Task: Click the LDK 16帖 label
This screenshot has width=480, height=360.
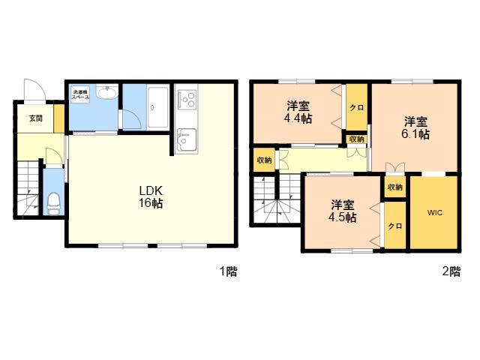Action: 151,196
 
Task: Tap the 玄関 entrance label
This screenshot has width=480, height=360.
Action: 36,118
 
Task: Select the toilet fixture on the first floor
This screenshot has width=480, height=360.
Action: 53,203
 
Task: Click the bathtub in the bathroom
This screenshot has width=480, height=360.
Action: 158,107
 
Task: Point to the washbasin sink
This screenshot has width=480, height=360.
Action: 107,91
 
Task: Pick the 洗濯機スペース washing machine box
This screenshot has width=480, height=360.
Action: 80,94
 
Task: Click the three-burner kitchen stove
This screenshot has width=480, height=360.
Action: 187,98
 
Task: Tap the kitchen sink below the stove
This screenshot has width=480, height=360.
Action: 187,140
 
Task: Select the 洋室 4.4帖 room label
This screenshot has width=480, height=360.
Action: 298,112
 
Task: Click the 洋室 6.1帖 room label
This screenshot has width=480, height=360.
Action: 415,127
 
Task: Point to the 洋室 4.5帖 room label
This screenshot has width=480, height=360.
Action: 342,211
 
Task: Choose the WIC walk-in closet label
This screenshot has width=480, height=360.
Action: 435,212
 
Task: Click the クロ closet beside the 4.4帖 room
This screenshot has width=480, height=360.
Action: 357,107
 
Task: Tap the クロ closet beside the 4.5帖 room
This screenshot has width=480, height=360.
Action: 395,226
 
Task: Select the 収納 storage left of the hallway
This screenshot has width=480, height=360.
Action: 264,160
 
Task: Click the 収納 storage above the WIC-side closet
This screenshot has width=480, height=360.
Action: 395,187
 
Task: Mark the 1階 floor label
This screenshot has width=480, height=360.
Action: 229,271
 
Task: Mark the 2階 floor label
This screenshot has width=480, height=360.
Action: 451,271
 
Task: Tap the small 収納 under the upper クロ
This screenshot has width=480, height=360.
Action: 357,139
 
